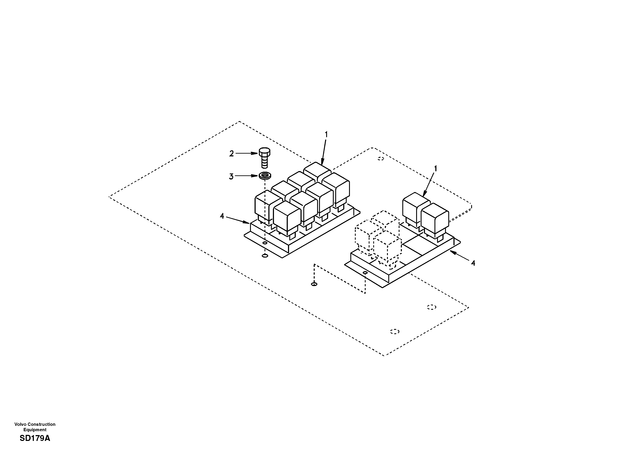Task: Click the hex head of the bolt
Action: (x=264, y=152)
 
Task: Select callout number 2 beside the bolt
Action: (x=231, y=154)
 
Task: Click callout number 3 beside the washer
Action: (x=231, y=177)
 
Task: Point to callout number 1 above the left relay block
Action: (x=326, y=135)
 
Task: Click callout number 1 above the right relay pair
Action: (x=435, y=169)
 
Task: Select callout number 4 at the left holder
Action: (x=222, y=216)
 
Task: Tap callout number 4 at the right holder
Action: (x=473, y=263)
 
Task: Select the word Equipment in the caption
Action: (x=35, y=430)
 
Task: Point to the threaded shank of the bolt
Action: (x=264, y=162)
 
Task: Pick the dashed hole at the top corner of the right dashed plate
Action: (x=381, y=159)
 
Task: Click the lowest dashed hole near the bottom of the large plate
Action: (x=395, y=331)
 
